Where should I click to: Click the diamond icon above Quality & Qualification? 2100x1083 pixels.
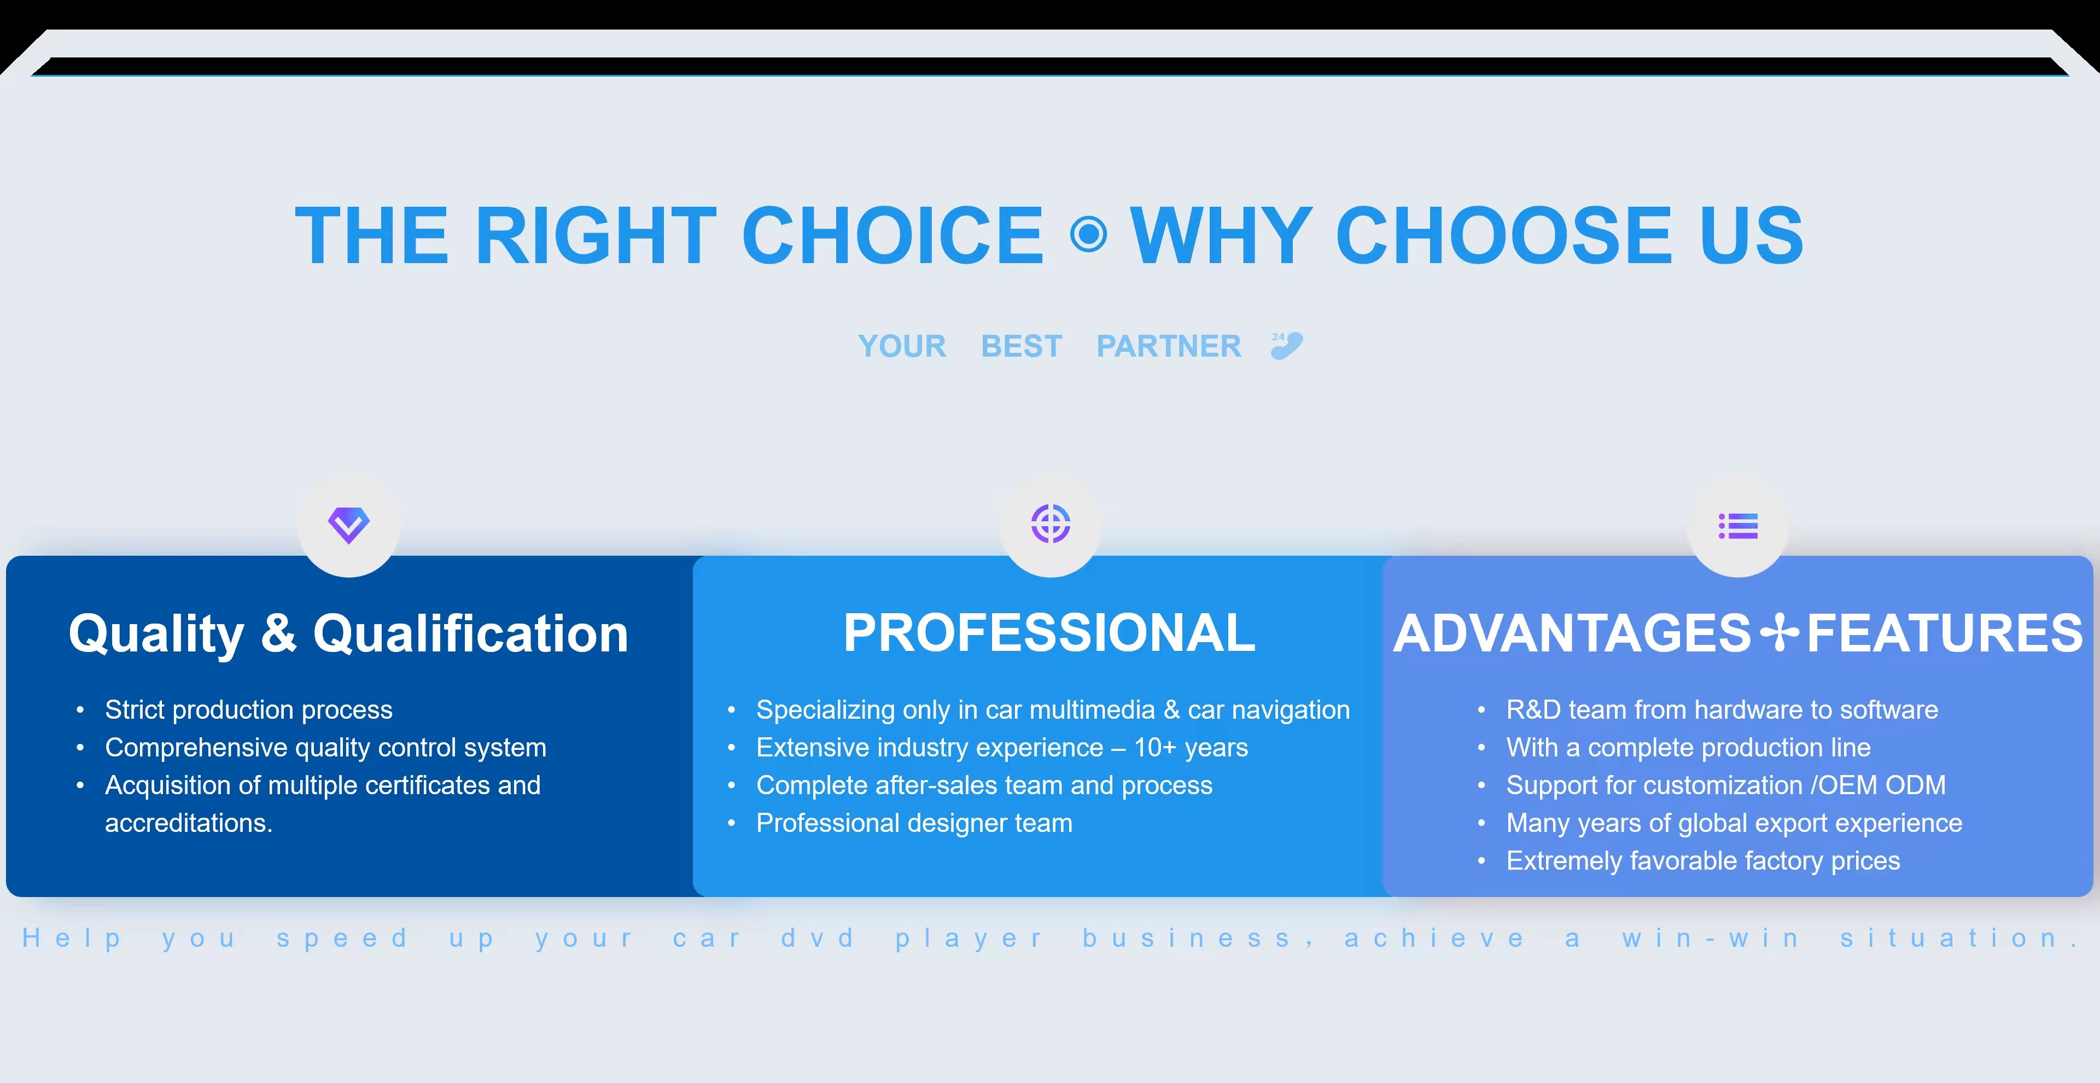(x=349, y=525)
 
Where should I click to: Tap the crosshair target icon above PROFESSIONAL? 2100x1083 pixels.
(x=1050, y=523)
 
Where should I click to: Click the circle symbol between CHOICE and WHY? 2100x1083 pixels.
(x=1088, y=235)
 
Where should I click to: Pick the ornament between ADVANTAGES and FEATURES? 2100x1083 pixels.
(x=1780, y=633)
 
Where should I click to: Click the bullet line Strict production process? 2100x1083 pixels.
(x=249, y=709)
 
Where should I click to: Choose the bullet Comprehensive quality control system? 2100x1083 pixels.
(x=325, y=747)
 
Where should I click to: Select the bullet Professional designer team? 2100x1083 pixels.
(x=914, y=823)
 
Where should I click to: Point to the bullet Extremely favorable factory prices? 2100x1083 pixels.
(x=1703, y=860)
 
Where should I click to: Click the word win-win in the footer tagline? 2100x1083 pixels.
(x=1710, y=938)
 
